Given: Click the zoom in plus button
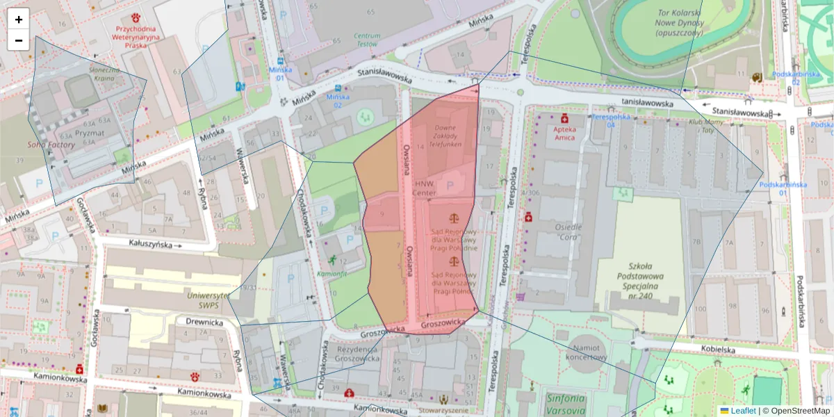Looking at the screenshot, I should coord(19,19).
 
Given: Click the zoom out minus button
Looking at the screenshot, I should coord(19,40).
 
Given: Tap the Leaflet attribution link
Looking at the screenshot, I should coord(742,411).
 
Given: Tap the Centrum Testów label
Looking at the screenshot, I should coord(367,40).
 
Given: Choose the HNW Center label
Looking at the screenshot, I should coord(425,188).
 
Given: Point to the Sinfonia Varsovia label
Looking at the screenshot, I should coord(565,403).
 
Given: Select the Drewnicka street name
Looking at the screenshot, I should coord(204,322).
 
